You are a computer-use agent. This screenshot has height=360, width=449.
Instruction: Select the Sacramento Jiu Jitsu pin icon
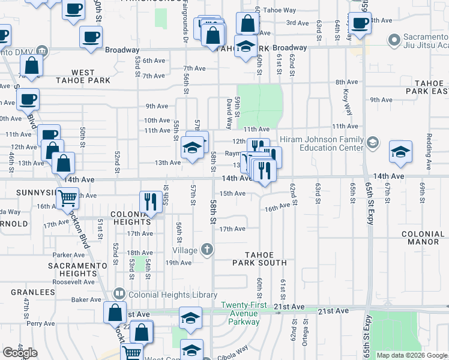click(394, 41)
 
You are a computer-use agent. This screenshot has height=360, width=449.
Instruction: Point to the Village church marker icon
click(207, 250)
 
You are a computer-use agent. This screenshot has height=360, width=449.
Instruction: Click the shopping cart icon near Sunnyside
click(68, 197)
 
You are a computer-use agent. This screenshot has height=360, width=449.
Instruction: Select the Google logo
click(20, 352)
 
